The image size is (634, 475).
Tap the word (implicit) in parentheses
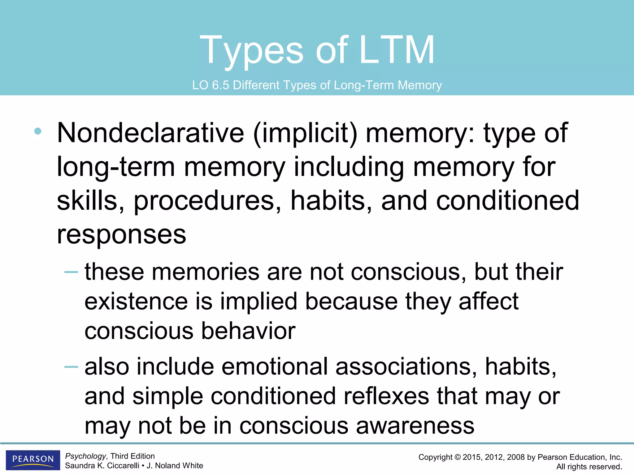click(305, 134)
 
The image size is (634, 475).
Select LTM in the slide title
click(397, 50)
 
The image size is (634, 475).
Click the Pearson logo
click(33, 460)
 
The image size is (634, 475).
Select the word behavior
click(248, 331)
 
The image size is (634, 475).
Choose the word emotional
click(275, 367)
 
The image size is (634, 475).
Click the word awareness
click(415, 426)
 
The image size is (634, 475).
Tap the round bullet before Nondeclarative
click(38, 131)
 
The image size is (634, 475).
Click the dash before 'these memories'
click(71, 272)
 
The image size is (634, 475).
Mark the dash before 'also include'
click(71, 367)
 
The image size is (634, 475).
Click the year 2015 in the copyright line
click(471, 457)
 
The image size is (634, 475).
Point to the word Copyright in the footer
click(435, 457)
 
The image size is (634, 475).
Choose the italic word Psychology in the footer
click(85, 456)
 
